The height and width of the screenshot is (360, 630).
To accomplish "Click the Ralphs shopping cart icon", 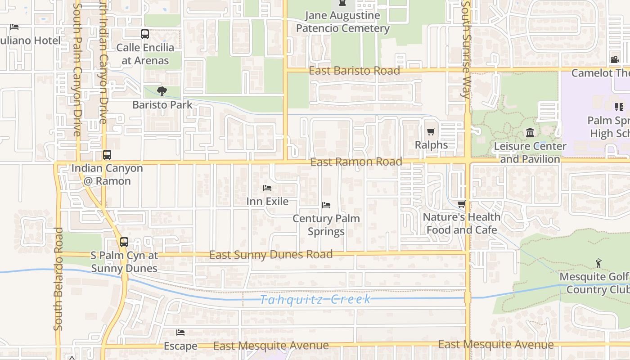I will (431, 132).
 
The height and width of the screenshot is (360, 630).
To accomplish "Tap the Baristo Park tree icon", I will (162, 92).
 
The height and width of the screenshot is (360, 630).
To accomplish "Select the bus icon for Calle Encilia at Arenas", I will (145, 34).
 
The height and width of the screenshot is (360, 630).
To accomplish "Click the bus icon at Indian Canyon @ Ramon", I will (107, 155).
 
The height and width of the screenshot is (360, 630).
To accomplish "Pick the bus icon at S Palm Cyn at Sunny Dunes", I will (124, 242).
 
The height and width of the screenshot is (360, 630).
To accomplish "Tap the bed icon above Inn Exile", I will (267, 188).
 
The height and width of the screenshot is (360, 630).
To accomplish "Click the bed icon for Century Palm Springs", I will (326, 205).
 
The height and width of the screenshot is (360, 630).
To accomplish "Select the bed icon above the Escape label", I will (180, 333).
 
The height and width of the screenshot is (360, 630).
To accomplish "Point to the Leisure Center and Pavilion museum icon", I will (530, 133).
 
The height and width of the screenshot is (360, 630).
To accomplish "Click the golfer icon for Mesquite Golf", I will (598, 263).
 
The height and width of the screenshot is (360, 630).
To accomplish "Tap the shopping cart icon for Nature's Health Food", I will (461, 204).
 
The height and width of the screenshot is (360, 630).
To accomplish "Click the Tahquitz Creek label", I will (315, 299).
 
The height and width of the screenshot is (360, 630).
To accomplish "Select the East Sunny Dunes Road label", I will (271, 255).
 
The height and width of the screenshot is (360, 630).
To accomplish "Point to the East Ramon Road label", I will (356, 162).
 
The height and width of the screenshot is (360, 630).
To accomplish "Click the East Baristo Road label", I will (354, 71).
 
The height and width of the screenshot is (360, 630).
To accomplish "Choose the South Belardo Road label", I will (58, 279).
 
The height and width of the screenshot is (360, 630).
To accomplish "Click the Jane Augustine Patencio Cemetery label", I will (342, 22).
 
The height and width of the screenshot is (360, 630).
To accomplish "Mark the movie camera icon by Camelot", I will (615, 60).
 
